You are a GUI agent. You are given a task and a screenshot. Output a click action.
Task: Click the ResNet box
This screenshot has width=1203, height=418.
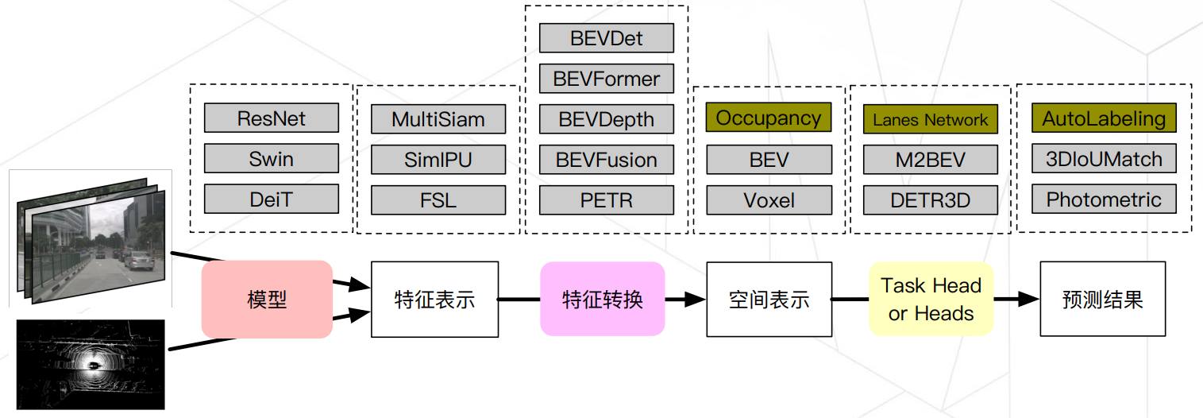tap(272, 118)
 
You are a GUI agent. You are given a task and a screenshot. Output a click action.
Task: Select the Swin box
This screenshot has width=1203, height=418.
tap(272, 159)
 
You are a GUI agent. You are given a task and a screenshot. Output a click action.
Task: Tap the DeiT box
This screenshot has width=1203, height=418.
tap(272, 199)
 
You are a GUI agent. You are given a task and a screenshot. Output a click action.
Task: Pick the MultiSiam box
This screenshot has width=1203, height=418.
tap(438, 119)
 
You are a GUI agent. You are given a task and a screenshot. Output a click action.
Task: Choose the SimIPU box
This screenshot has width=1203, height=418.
tap(438, 160)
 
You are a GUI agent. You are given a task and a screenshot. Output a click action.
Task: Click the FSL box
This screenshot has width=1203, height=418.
tap(438, 200)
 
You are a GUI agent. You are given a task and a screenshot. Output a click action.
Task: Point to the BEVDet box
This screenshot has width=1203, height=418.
tap(607, 38)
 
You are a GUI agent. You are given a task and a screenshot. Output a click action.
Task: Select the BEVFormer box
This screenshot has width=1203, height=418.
tap(607, 79)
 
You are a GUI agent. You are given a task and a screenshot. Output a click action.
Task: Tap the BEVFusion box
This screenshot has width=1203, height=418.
tap(607, 160)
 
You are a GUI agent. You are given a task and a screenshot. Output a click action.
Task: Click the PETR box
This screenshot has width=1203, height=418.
tap(607, 200)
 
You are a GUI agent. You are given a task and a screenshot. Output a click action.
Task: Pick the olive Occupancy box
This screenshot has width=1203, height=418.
tap(769, 118)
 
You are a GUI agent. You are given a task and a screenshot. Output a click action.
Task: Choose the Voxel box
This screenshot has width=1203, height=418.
tap(769, 200)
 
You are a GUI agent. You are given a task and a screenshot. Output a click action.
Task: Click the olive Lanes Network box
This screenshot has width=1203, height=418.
tap(931, 119)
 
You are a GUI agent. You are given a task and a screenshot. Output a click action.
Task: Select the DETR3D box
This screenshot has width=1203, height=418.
tap(931, 200)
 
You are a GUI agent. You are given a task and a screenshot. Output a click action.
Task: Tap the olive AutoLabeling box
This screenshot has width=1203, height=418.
tap(1104, 118)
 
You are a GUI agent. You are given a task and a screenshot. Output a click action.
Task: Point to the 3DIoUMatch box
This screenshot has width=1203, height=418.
tap(1104, 159)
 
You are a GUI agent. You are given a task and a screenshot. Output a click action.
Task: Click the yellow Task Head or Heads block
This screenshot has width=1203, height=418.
tap(931, 300)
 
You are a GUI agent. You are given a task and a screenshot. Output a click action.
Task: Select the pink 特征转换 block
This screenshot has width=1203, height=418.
tap(603, 300)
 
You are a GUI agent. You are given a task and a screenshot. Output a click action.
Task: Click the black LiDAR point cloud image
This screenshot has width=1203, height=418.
tap(91, 364)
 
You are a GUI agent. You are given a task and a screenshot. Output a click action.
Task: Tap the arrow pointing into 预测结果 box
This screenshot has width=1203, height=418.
tap(1018, 300)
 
